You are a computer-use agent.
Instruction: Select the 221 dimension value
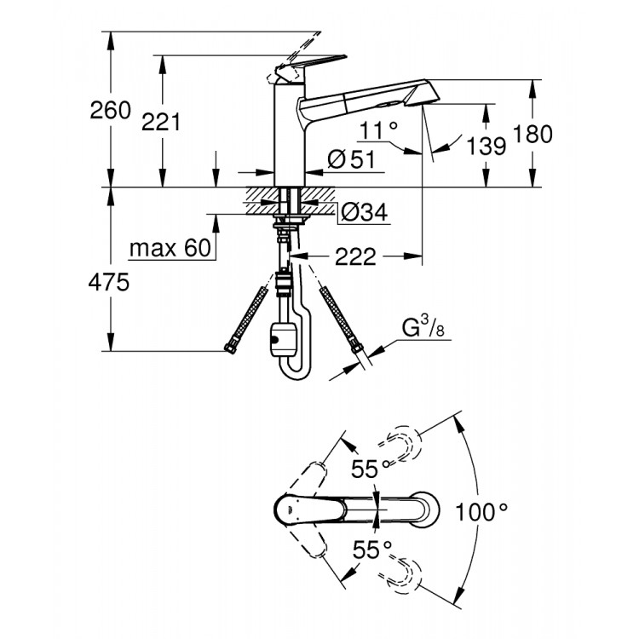coord(161,122)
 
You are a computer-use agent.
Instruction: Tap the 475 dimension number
coord(111,282)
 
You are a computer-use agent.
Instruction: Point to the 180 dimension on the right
coord(532,134)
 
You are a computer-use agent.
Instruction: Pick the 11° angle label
coord(379,130)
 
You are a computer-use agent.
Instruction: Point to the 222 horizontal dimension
coord(356,256)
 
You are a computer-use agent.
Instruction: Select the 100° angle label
coord(481,511)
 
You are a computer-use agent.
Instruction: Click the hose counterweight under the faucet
coord(280,341)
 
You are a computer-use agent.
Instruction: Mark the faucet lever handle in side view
coord(311,63)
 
